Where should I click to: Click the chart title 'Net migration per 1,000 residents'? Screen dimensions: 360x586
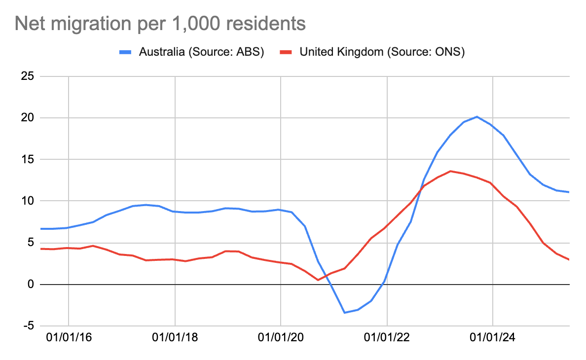click(x=160, y=23)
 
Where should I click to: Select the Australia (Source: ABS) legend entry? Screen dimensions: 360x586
click(x=201, y=52)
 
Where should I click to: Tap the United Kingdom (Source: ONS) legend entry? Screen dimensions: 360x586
click(x=382, y=52)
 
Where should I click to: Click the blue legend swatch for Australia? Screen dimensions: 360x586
click(x=126, y=52)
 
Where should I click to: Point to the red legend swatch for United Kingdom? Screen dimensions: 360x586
click(x=287, y=52)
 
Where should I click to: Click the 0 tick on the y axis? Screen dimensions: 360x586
click(x=30, y=285)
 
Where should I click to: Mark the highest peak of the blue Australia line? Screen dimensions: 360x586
click(x=476, y=117)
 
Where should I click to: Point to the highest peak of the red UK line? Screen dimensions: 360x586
click(x=450, y=171)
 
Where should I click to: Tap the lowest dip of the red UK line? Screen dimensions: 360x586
click(x=318, y=280)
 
